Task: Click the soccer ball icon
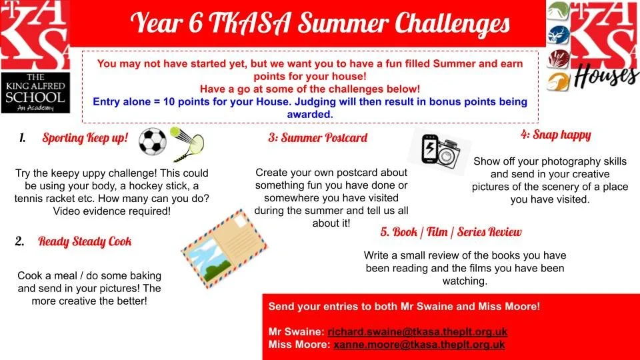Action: click(152, 141)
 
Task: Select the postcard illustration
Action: click(224, 249)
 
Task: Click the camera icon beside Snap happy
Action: click(449, 153)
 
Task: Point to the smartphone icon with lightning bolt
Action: click(429, 149)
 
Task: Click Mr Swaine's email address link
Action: click(417, 332)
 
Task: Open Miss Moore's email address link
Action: click(419, 345)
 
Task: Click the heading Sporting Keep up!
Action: click(85, 138)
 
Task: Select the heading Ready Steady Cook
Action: click(85, 241)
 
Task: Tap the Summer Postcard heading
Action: click(317, 137)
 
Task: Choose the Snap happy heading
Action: click(555, 135)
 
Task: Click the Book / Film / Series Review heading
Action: click(451, 232)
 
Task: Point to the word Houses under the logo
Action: click(606, 76)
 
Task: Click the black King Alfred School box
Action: click(35, 93)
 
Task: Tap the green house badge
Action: click(558, 11)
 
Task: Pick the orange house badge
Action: click(559, 82)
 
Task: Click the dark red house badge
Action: click(559, 59)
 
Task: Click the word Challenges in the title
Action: click(452, 24)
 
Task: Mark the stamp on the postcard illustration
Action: click(241, 221)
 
